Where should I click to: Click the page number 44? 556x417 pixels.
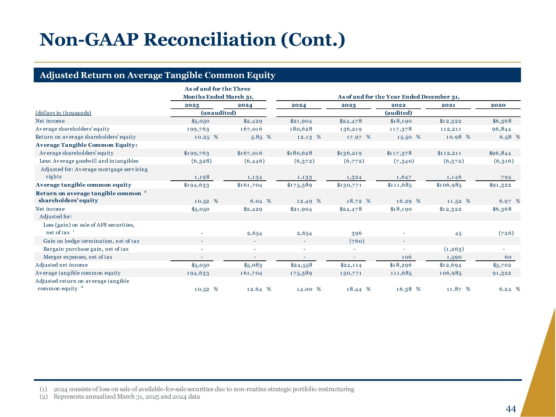(x=511, y=402)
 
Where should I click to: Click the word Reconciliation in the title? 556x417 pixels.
(x=210, y=40)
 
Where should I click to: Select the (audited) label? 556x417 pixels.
(x=398, y=113)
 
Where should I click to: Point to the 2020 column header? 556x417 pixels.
(x=498, y=105)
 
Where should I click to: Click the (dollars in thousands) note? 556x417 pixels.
(x=63, y=113)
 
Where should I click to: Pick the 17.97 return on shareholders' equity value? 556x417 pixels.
(x=354, y=137)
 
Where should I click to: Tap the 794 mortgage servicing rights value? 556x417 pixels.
(x=506, y=177)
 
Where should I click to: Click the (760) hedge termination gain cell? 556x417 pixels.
(x=357, y=241)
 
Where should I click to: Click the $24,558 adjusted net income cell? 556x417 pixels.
(x=301, y=265)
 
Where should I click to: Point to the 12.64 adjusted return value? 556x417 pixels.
(x=254, y=289)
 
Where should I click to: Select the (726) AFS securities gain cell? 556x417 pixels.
(x=506, y=233)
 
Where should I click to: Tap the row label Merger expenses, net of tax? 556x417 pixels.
(x=78, y=257)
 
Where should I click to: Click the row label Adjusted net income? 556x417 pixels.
(x=62, y=265)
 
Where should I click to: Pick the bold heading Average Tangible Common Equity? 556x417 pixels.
(x=86, y=145)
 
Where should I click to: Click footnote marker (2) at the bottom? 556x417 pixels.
(x=43, y=397)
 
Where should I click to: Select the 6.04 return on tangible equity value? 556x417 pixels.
(x=256, y=201)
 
